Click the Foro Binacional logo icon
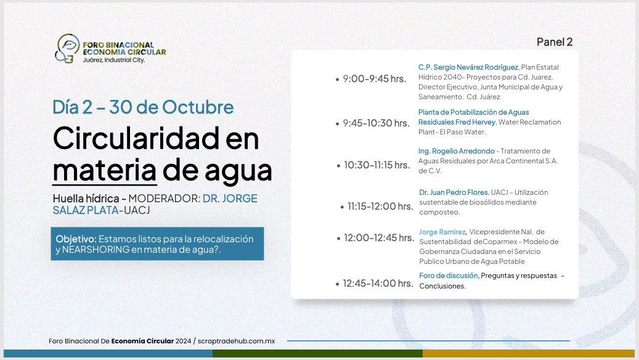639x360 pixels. [67, 49]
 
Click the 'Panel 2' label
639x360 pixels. [555, 42]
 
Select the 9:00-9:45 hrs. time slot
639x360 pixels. [375, 79]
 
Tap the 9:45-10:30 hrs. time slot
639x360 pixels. [376, 123]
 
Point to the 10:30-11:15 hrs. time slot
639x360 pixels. [377, 165]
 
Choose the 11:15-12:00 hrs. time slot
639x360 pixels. [380, 207]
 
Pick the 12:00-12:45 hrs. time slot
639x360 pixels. [379, 238]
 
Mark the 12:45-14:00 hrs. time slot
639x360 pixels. [378, 284]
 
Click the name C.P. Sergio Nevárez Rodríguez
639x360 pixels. [468, 67]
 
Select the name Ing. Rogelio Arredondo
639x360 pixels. [457, 151]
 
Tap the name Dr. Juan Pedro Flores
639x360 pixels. [454, 192]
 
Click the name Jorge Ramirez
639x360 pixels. [442, 232]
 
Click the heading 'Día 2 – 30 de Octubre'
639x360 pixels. [143, 107]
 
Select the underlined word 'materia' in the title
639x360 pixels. [105, 170]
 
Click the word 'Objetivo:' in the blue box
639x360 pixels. [76, 239]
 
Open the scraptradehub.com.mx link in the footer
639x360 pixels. [237, 342]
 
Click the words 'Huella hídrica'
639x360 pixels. [86, 198]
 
